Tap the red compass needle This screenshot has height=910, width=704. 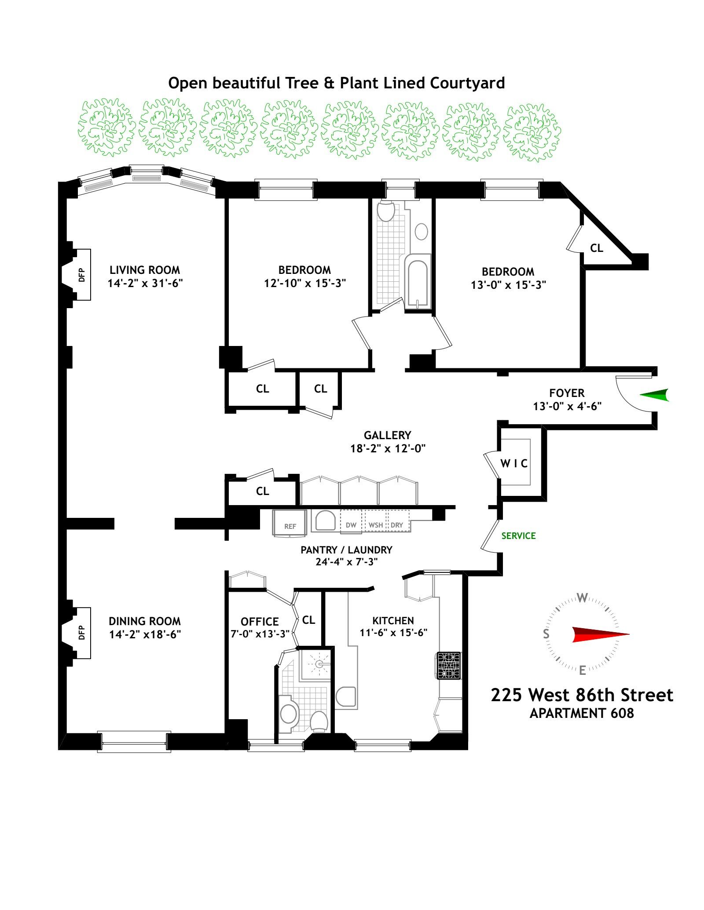coord(601,634)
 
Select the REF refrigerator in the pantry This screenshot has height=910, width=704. coord(290,523)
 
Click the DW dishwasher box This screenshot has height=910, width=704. coord(351,521)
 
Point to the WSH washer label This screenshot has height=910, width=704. coord(376,525)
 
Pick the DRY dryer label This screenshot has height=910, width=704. coord(397,525)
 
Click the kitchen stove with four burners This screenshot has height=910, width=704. coord(449,666)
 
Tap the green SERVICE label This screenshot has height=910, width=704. coord(518,535)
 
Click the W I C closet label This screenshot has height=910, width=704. coord(514,463)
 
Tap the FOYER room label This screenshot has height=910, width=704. coord(567,393)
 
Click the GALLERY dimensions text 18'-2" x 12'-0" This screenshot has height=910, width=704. coord(388,448)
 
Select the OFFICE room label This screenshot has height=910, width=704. coord(260,622)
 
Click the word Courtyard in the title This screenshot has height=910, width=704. coord(467,83)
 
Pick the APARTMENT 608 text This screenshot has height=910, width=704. coord(582,713)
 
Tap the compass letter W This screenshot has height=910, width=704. coord(582,598)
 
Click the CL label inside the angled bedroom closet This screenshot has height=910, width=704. coord(596,248)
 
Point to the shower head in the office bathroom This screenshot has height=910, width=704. coord(320,664)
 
